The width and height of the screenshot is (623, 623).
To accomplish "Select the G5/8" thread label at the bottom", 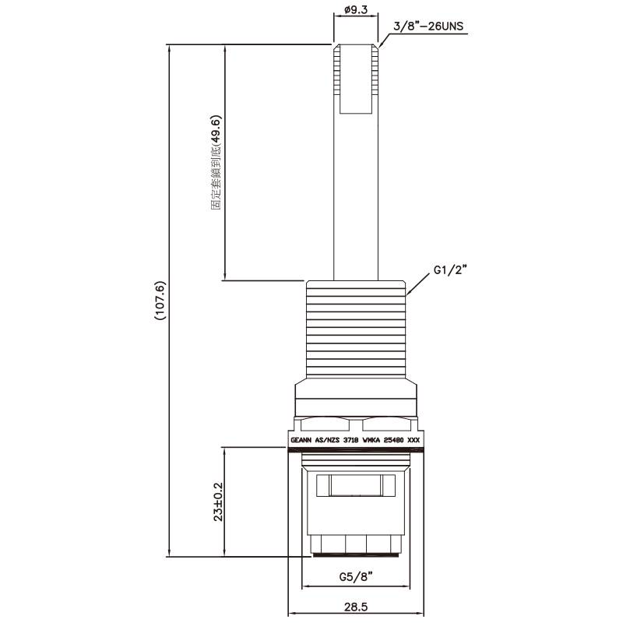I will coord(356,577).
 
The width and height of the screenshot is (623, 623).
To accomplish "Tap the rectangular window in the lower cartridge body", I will coord(356,487).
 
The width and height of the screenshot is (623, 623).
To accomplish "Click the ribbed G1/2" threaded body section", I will coord(355,327).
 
